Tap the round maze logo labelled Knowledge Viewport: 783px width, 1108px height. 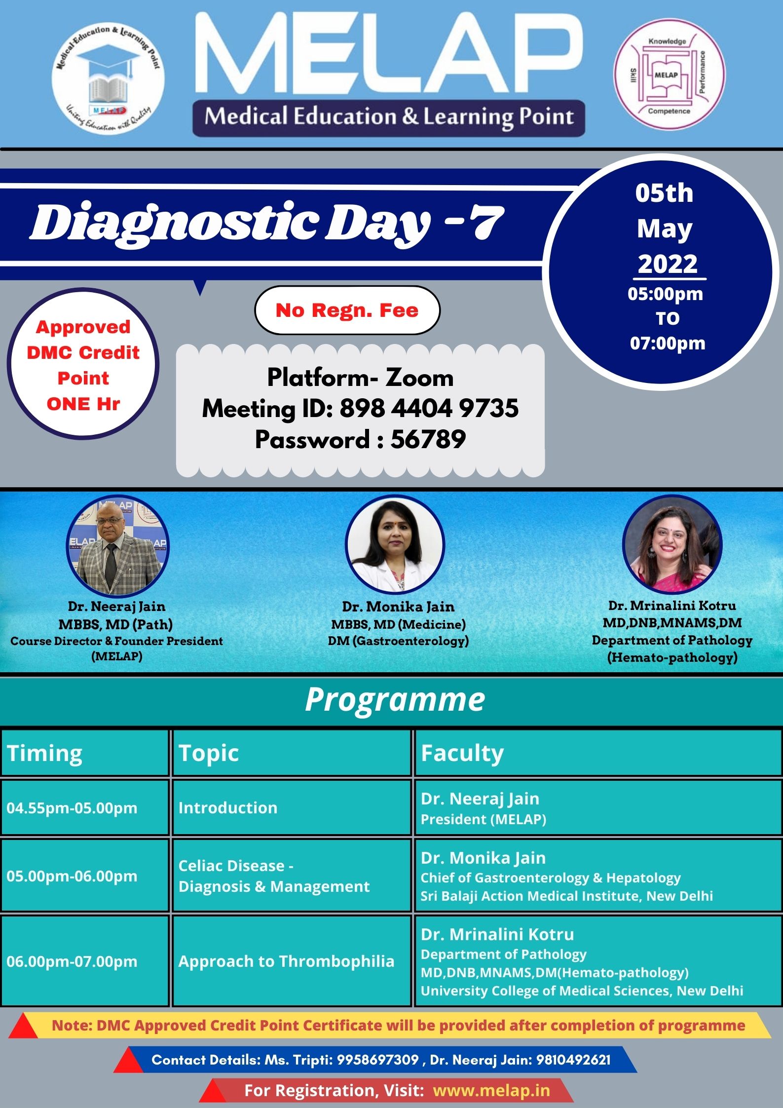coord(669,76)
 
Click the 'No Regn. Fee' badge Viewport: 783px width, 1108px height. coord(347,310)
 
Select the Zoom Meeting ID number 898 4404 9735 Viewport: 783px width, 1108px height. coord(429,409)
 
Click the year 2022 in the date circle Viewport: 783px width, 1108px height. coord(668,264)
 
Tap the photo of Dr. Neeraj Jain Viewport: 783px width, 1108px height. coord(117,545)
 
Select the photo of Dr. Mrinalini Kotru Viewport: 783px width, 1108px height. coord(672,544)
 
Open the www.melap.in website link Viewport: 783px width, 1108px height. coord(491,1090)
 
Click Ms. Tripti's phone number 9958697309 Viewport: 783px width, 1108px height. coord(377,1060)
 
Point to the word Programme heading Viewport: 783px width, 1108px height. coord(395,699)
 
